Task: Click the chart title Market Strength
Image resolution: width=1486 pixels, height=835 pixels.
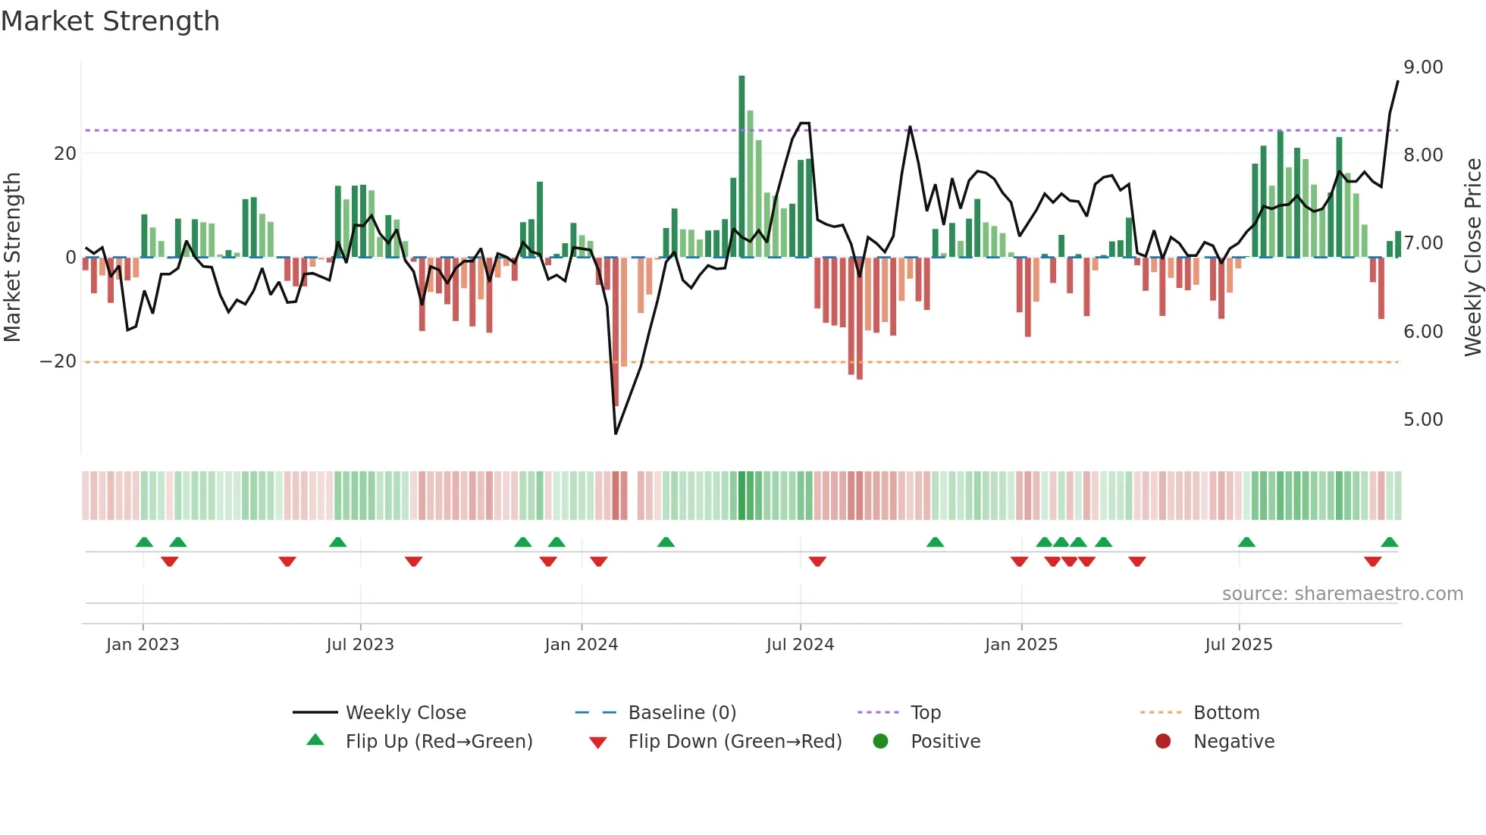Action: pyautogui.click(x=110, y=21)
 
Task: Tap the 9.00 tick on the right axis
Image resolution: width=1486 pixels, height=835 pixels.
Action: pyautogui.click(x=1422, y=67)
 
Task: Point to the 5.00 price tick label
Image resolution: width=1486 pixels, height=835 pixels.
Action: pyautogui.click(x=1422, y=420)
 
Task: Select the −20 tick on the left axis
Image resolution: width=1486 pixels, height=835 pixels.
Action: pyautogui.click(x=58, y=361)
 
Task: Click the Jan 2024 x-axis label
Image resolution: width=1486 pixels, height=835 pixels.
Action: pyautogui.click(x=581, y=645)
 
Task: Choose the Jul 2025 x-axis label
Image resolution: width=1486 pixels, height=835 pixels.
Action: pyautogui.click(x=1238, y=645)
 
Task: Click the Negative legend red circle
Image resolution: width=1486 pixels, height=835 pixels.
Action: pyautogui.click(x=1162, y=742)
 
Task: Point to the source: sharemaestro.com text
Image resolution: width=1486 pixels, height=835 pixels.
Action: pyautogui.click(x=1342, y=594)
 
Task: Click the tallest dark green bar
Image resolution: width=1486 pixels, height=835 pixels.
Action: pyautogui.click(x=741, y=167)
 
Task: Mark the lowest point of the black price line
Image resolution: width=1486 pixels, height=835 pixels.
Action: pyautogui.click(x=616, y=433)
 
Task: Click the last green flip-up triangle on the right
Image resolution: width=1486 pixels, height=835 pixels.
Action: pyautogui.click(x=1389, y=543)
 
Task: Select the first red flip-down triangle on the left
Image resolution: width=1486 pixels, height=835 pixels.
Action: pyautogui.click(x=169, y=561)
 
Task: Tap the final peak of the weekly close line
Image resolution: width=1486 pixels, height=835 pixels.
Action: pyautogui.click(x=1397, y=82)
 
